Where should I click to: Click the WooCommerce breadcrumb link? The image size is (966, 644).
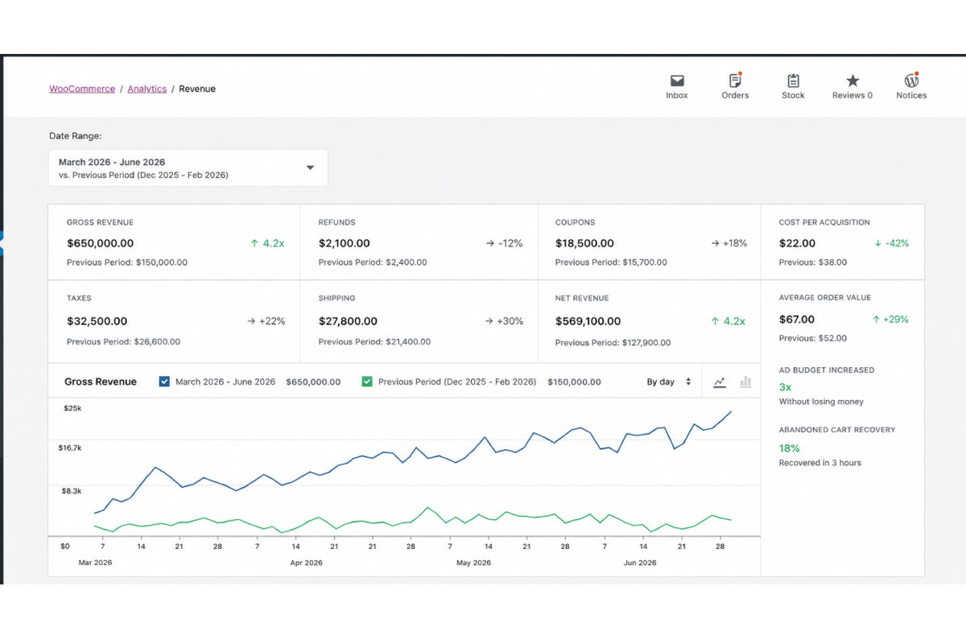pos(82,89)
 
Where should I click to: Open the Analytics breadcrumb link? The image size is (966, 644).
pos(147,89)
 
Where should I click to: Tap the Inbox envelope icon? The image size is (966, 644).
pos(677,80)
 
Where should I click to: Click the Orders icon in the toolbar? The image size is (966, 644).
pos(735,80)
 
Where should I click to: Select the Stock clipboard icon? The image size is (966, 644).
pos(794,80)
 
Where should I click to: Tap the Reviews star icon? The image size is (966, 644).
pos(852,80)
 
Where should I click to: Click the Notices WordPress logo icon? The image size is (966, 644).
pos(911,80)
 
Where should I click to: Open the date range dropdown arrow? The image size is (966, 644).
pos(310,167)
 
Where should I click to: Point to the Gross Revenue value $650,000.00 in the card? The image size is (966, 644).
pos(101,243)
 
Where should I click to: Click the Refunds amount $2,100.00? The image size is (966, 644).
pos(345,243)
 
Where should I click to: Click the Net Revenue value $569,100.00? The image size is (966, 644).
pos(588,321)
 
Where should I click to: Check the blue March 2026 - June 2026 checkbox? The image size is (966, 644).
pos(164,382)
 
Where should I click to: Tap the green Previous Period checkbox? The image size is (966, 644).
pos(367,382)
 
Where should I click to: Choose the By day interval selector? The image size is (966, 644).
pos(669,382)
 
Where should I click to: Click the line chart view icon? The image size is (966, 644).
pos(720,382)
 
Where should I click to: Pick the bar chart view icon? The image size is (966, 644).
pos(745,382)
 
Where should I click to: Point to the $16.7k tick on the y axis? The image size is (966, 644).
pos(70,448)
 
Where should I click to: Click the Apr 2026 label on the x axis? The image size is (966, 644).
pos(306,563)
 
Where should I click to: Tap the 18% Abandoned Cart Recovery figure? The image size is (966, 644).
pos(789,448)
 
